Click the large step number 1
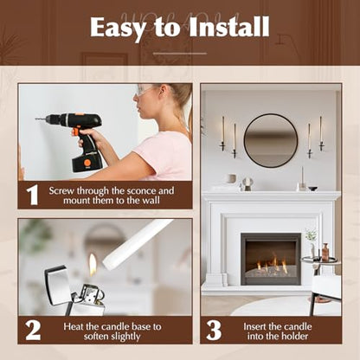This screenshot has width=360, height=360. coord(32,196)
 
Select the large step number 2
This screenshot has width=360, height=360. coord(33,331)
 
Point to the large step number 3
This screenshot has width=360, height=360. coord(214,331)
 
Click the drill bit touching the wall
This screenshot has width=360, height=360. coord(41,119)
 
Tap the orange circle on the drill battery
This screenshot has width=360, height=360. coord(87,163)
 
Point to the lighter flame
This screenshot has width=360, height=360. coord(93,264)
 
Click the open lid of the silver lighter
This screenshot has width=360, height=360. coord(57,285)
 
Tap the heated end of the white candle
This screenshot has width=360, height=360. coord(106,261)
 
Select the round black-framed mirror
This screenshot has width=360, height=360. coord(271,140)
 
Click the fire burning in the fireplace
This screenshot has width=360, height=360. coord(271,265)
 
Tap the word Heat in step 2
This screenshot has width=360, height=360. coord(74,326)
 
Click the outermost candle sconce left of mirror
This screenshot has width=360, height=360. coord(222,133)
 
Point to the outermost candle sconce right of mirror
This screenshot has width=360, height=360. coord(321,133)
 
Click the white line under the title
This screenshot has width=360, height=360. coord(180,54)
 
